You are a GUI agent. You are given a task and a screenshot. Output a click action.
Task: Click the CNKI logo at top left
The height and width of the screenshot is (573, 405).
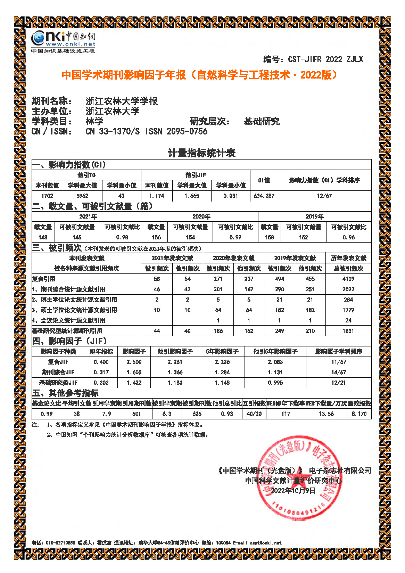tap(63, 41)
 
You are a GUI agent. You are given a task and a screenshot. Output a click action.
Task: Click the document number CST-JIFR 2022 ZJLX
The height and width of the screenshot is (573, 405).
tap(325, 59)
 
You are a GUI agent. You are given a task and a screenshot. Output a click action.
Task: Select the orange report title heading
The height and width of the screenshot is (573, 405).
tap(199, 75)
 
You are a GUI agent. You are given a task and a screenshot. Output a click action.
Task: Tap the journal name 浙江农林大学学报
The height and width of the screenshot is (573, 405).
tap(122, 101)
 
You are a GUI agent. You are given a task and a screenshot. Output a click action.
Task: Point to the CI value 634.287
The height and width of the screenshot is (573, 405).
tap(264, 196)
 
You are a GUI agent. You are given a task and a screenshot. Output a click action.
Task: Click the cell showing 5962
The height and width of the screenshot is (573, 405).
tap(82, 196)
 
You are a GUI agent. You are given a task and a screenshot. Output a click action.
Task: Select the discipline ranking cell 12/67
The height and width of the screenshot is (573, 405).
tap(324, 196)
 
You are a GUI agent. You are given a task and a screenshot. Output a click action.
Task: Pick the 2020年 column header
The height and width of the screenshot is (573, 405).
tap(201, 216)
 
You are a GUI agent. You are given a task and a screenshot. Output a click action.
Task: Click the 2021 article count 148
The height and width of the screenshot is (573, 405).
tap(43, 237)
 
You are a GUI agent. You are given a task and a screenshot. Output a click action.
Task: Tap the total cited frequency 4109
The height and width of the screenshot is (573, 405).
tap(348, 279)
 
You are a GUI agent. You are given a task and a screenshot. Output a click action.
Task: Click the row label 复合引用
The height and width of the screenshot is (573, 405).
tap(44, 279)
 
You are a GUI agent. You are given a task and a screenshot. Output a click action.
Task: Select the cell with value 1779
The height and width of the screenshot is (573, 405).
tap(348, 310)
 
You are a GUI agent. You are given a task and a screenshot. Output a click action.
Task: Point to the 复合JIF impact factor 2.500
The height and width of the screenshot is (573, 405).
tap(134, 362)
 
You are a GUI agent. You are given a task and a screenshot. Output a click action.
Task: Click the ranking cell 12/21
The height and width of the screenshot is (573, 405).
tap(338, 383)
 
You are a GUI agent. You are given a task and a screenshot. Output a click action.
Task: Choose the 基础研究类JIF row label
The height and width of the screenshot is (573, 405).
tap(58, 383)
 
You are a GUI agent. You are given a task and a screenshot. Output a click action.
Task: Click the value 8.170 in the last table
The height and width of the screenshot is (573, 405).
tap(359, 414)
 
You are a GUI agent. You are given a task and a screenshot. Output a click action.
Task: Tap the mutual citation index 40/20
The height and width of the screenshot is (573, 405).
tap(254, 414)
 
